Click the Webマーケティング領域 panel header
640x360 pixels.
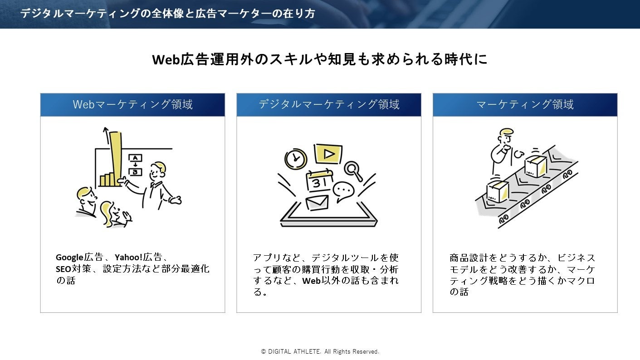(x=132, y=105)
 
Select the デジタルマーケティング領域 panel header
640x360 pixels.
(x=329, y=105)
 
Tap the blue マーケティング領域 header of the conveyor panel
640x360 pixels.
(x=525, y=105)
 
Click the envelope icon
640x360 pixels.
(x=317, y=202)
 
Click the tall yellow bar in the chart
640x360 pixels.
(x=114, y=154)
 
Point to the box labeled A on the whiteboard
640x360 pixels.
(x=136, y=158)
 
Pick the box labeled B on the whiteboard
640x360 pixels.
(x=136, y=172)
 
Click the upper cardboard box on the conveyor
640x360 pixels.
(x=536, y=166)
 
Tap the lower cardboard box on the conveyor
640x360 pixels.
(x=498, y=191)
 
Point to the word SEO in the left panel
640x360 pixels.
(x=63, y=269)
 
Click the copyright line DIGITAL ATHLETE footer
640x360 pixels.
(x=320, y=351)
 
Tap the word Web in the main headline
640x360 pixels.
(x=166, y=60)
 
